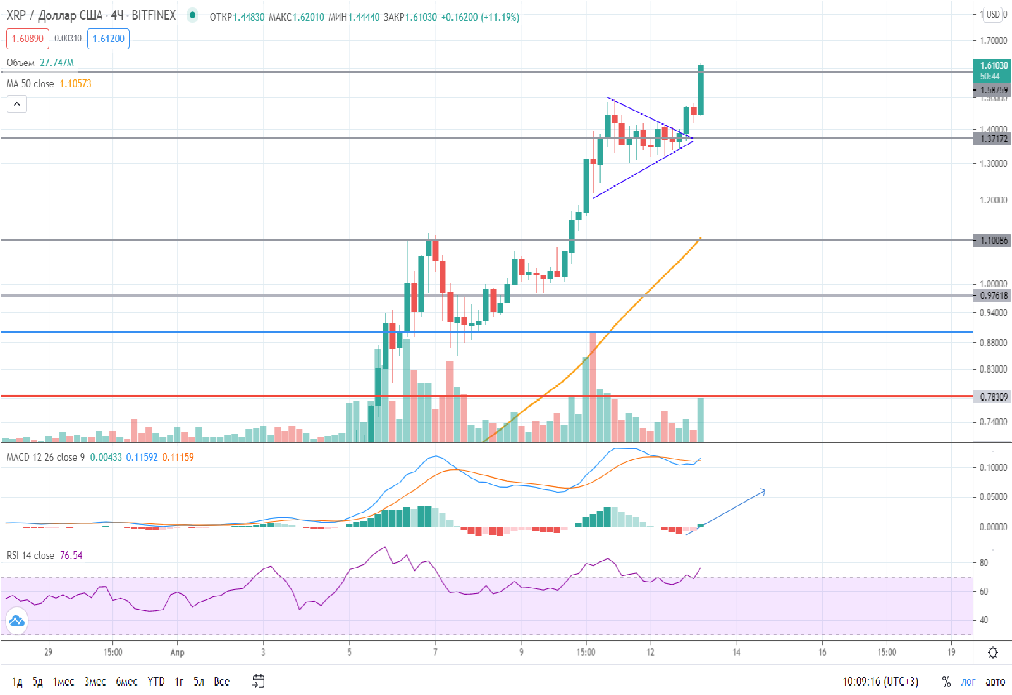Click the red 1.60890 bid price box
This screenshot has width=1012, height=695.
pyautogui.click(x=27, y=39)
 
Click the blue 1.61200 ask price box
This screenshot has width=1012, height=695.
pyautogui.click(x=108, y=39)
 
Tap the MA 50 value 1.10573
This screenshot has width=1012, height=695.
pyautogui.click(x=75, y=84)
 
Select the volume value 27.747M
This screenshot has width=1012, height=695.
pyautogui.click(x=56, y=63)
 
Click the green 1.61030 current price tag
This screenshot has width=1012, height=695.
pyautogui.click(x=993, y=66)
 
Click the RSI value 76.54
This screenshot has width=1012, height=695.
pyautogui.click(x=71, y=555)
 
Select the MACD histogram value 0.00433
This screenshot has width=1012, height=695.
pyautogui.click(x=106, y=458)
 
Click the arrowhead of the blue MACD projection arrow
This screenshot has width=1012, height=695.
pyautogui.click(x=763, y=491)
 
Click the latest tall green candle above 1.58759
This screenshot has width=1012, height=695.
pyautogui.click(x=700, y=89)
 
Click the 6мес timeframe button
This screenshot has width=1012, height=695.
pyautogui.click(x=126, y=682)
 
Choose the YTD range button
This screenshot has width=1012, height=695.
pyautogui.click(x=156, y=682)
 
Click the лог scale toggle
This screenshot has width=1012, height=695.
pyautogui.click(x=968, y=682)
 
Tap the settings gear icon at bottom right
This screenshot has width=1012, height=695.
pyautogui.click(x=993, y=652)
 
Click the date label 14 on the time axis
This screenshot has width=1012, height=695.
pyautogui.click(x=736, y=652)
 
